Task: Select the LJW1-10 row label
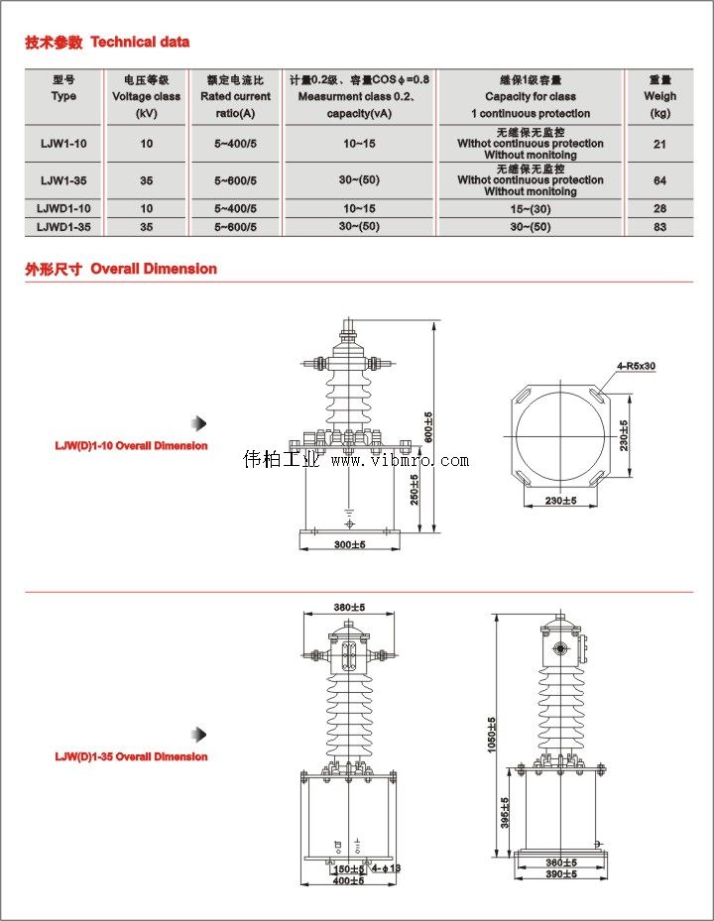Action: (63, 144)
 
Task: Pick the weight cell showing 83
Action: (659, 227)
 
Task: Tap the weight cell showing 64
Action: (659, 180)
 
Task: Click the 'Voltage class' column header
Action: (146, 96)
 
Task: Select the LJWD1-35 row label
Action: (63, 227)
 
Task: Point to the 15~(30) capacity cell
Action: (531, 209)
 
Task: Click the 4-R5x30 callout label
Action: (636, 366)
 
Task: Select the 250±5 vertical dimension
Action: (416, 487)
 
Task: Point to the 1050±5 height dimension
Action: (492, 735)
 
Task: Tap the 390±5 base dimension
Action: (560, 874)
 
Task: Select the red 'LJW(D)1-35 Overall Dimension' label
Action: (131, 756)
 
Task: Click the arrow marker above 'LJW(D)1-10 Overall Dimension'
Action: (199, 423)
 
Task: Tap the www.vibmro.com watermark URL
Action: (400, 461)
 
